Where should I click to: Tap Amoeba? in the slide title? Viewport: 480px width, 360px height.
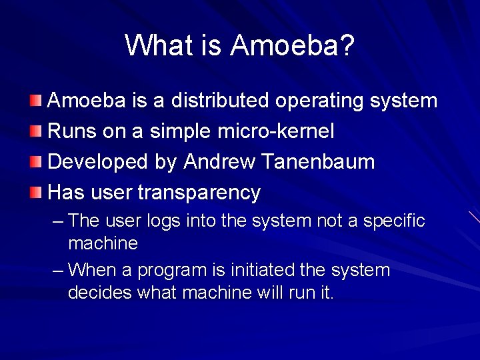click(293, 46)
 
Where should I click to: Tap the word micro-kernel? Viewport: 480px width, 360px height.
click(276, 131)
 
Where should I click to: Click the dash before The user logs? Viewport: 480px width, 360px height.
click(58, 221)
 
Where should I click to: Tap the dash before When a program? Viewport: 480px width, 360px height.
click(58, 270)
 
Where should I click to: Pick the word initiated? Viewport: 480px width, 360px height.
click(243, 270)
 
